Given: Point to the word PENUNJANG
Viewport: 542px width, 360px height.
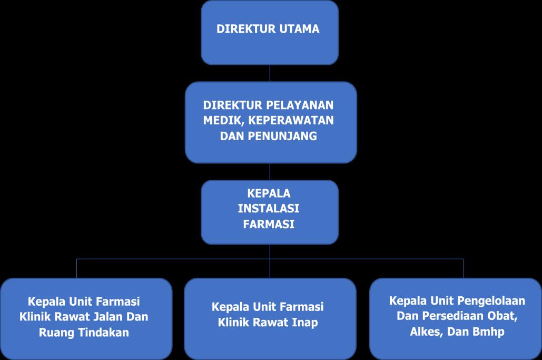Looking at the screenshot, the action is tap(290, 136).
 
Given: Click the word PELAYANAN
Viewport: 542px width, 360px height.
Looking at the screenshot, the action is tap(302, 104).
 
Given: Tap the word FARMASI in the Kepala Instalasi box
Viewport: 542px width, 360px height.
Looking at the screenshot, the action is tap(269, 223).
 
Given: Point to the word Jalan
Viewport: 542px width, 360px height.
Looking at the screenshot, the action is tap(111, 317).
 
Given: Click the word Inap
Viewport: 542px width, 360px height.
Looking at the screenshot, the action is tap(304, 322).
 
